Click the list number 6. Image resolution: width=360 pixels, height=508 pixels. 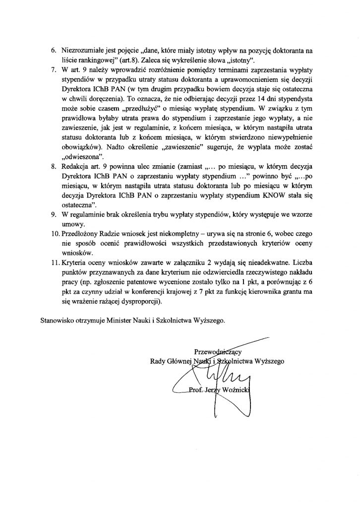pos(54,51)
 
